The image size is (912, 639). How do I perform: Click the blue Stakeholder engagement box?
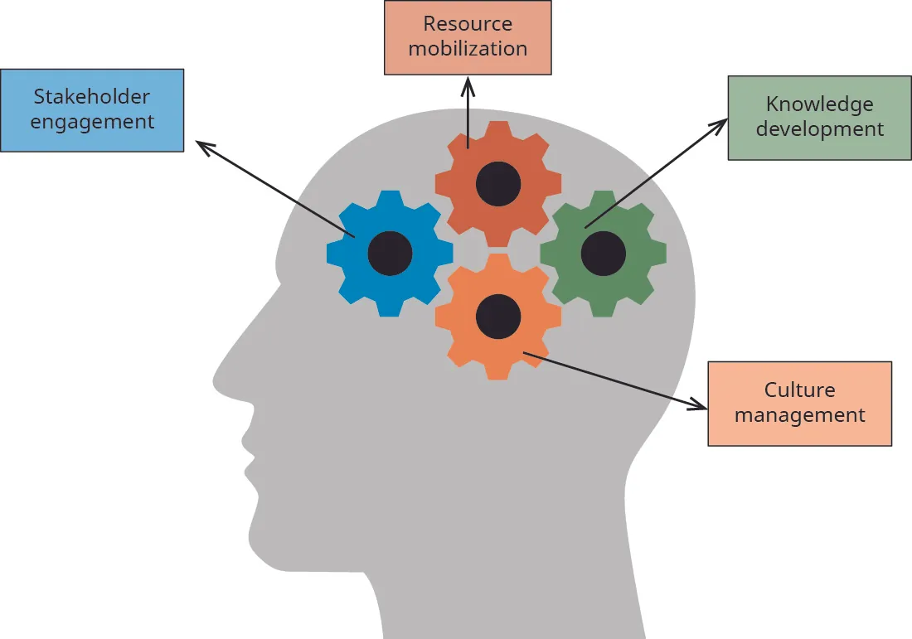pos(91,109)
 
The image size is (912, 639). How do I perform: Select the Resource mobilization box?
pos(468,37)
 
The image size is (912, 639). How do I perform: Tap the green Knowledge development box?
pos(819,117)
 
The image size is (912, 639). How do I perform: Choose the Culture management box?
pos(799,403)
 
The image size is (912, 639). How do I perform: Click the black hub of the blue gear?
pos(390,253)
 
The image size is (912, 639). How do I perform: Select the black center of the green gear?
pos(603,254)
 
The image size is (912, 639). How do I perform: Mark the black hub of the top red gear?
pos(498,184)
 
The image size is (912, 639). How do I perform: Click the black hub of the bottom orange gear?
pos(498,316)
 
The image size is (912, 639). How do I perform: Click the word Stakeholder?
pos(91,97)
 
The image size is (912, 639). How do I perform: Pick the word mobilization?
pos(468,49)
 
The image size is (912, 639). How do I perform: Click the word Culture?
pos(799,390)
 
